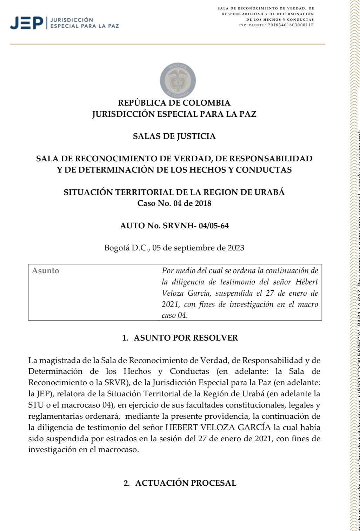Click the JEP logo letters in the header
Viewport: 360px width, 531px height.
click(x=27, y=23)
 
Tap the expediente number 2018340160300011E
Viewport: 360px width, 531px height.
click(x=291, y=25)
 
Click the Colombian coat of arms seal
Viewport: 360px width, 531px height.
click(x=178, y=80)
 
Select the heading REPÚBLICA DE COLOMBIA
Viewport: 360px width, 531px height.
click(x=174, y=103)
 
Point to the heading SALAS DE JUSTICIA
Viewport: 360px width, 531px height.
click(x=174, y=136)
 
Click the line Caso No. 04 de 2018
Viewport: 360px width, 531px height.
click(x=174, y=203)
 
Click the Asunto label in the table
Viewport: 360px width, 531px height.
click(x=46, y=271)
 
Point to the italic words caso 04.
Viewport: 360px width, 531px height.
click(x=175, y=315)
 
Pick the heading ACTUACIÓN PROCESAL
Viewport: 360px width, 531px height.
click(x=186, y=483)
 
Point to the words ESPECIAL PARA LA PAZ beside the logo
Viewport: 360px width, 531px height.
click(x=85, y=26)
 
